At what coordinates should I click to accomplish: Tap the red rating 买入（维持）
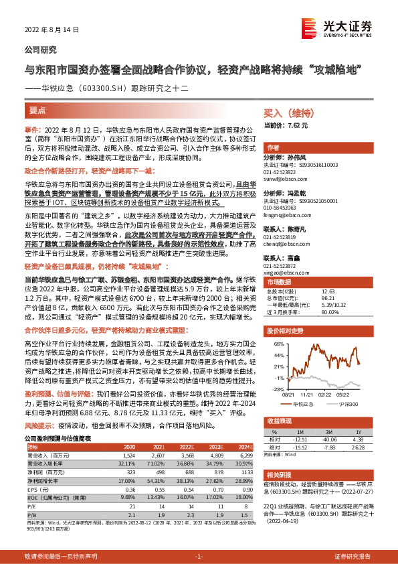pos(289,114)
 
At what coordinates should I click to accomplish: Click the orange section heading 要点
pos(37,109)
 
